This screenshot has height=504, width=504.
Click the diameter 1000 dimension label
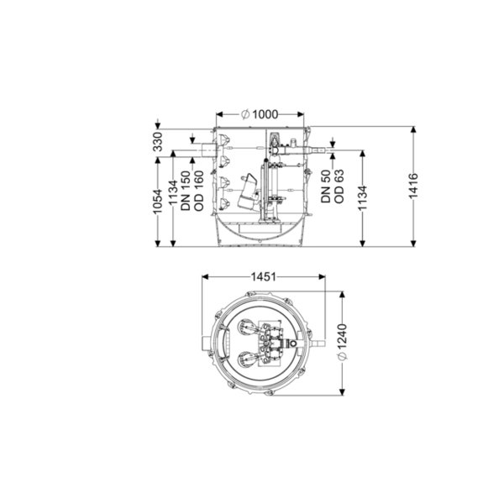pos(260,114)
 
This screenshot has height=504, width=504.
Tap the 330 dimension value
pos(158,141)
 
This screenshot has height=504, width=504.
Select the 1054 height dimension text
pos(158,202)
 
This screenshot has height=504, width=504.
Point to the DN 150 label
pos(186,191)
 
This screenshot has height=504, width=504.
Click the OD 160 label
pos(199,191)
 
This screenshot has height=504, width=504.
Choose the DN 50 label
pos(326,186)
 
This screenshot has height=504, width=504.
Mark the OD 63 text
pos(339,186)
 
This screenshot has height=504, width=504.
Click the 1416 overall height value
pos(413,186)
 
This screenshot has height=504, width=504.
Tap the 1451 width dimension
pos(264,276)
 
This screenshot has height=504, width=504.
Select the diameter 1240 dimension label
pos(343,342)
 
